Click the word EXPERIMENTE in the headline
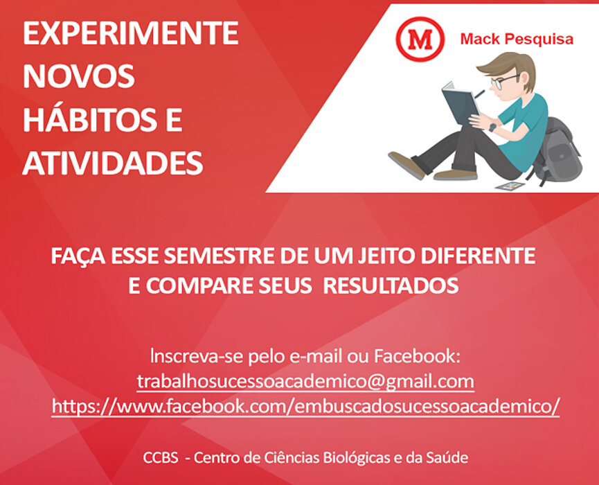point(131,33)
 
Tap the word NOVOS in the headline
point(79,76)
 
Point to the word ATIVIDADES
point(113,164)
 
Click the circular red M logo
point(420,39)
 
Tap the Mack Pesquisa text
point(517,39)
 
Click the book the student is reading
point(460,103)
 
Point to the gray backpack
point(557,150)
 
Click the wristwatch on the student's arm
point(493,127)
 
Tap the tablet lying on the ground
point(510,186)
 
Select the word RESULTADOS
point(391,285)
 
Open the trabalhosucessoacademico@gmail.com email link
point(305,382)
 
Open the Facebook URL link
point(305,406)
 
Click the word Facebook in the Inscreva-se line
point(417,356)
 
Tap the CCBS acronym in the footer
point(161,457)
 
